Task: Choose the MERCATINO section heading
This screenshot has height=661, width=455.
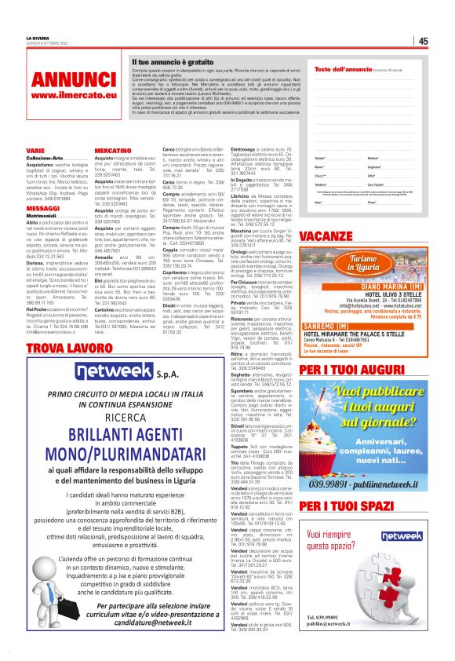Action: [112, 148]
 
